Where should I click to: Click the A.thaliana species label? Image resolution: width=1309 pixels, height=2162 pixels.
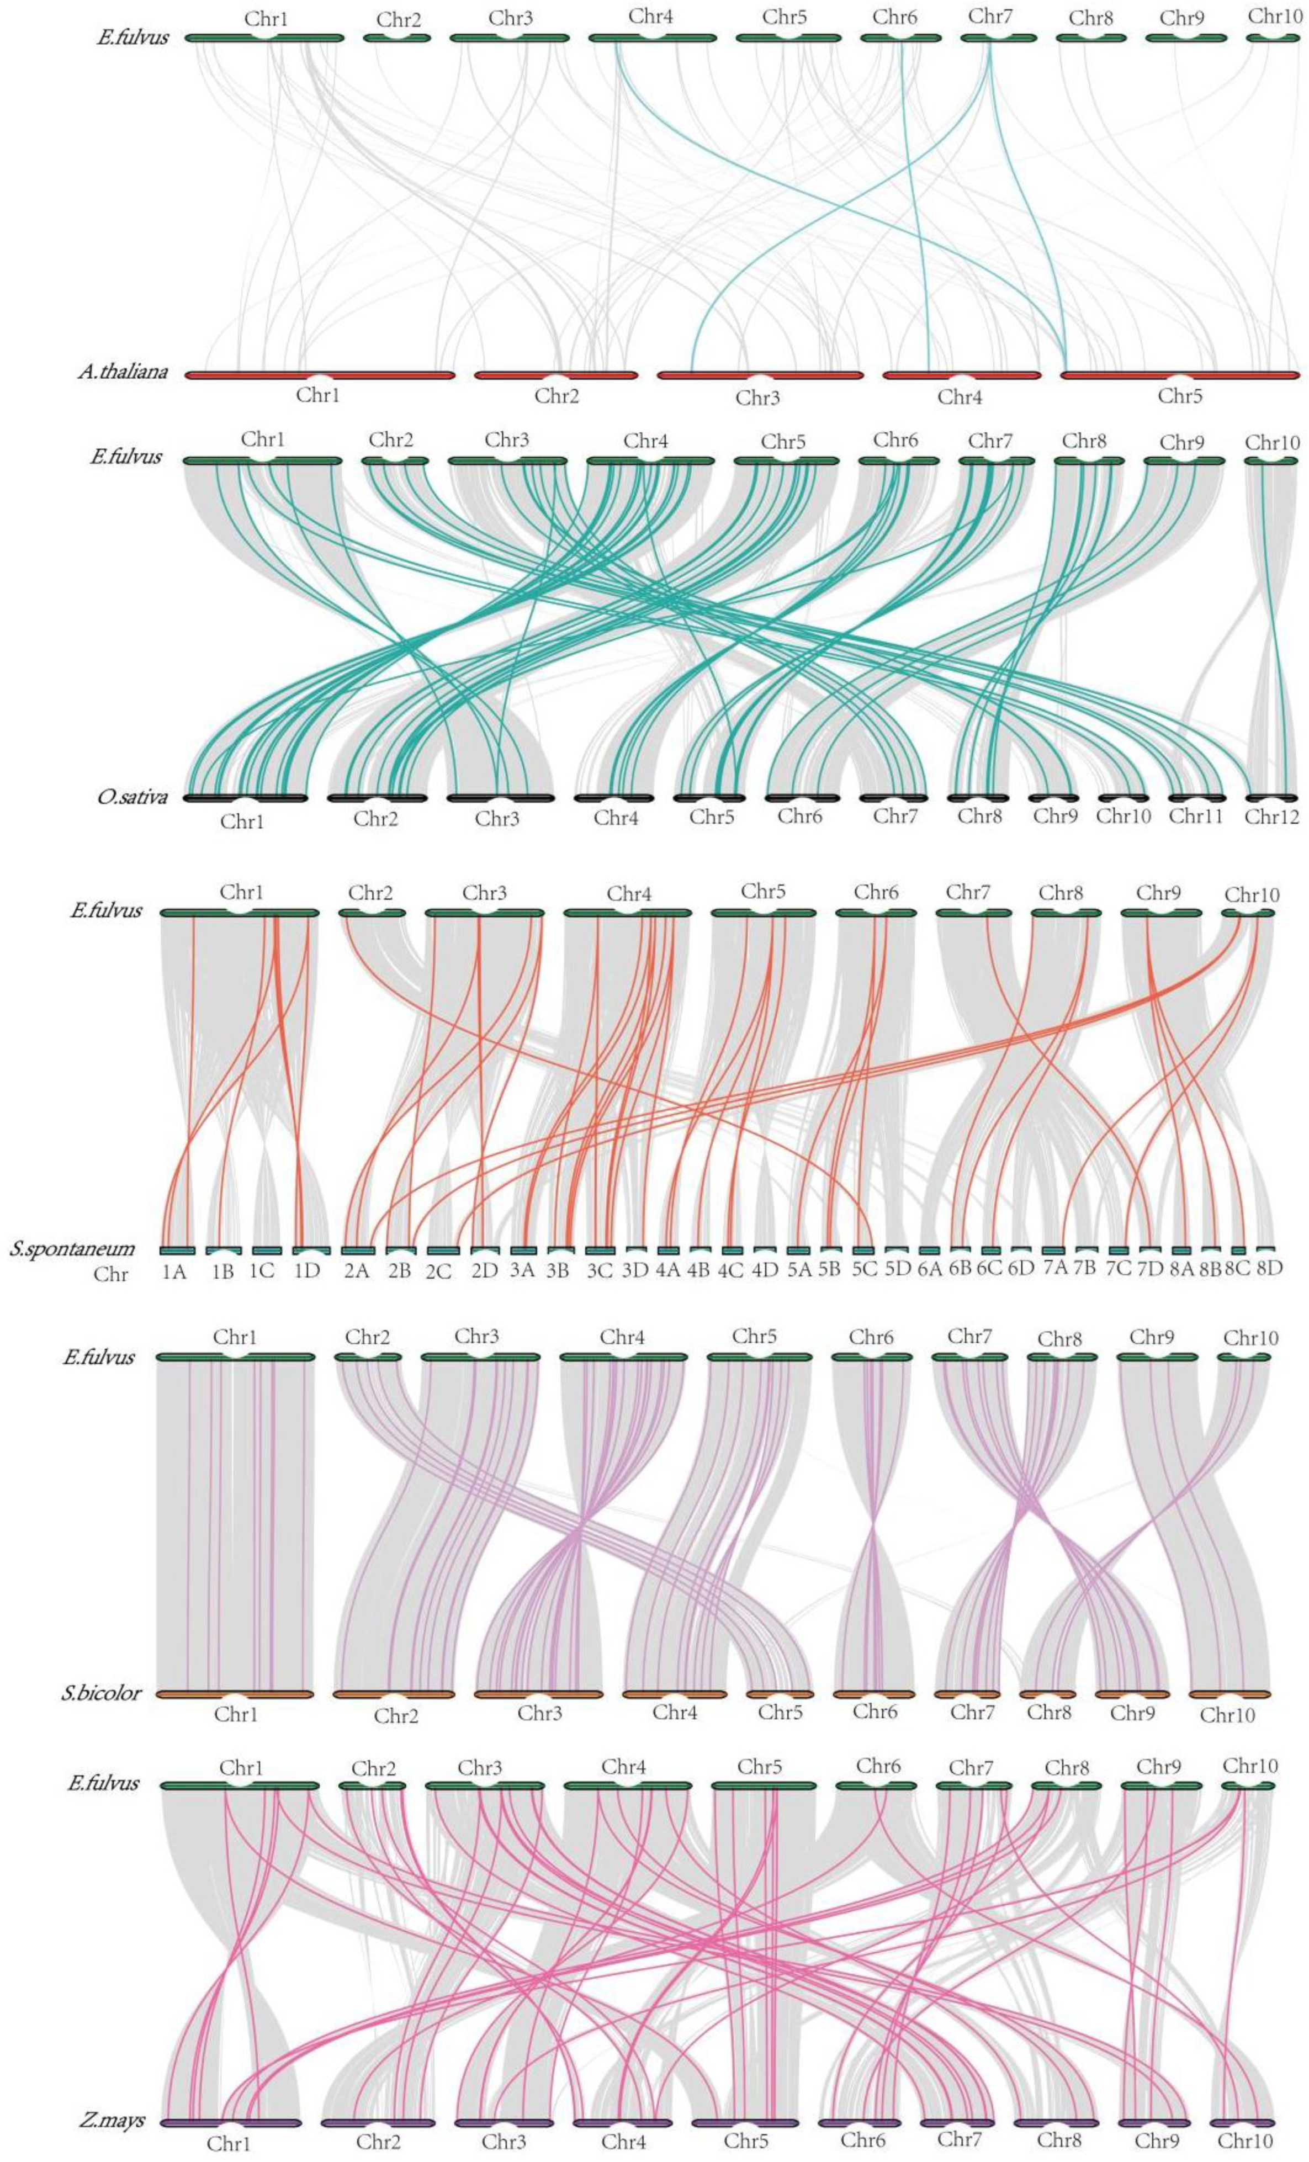click(x=122, y=372)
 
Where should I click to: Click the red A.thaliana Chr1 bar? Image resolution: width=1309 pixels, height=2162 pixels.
click(x=263, y=375)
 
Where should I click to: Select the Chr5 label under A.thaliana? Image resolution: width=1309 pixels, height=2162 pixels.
click(x=1180, y=396)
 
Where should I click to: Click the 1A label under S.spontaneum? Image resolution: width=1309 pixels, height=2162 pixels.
click(x=174, y=1270)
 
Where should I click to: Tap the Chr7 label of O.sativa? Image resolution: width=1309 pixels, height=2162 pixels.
click(x=895, y=817)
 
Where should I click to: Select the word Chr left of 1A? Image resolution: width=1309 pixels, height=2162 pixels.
click(x=110, y=1274)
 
